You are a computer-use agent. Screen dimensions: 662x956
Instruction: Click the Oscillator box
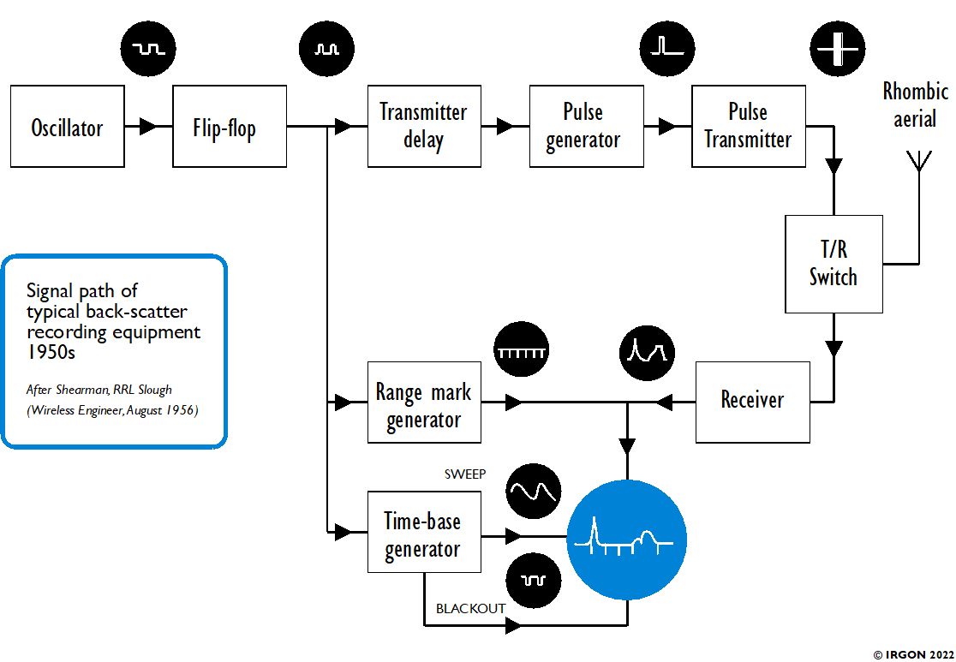point(67,126)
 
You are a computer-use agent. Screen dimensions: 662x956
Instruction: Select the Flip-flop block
point(229,126)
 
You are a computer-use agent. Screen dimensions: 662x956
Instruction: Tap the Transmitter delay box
point(423,126)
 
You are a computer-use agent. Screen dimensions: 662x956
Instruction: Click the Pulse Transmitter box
point(748,126)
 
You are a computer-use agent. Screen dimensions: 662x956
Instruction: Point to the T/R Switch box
point(834,264)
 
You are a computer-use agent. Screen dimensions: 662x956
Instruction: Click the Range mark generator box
point(423,402)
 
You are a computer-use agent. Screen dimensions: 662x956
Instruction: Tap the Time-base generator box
point(423,532)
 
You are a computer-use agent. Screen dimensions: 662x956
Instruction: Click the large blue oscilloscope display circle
point(627,539)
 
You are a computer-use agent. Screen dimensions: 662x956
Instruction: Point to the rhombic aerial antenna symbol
point(918,163)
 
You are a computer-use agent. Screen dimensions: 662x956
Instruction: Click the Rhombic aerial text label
point(915,104)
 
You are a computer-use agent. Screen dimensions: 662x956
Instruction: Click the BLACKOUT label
point(470,609)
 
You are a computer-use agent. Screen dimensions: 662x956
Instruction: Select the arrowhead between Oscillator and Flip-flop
point(148,127)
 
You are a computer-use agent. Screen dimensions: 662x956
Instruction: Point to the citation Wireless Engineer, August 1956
point(112,410)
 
